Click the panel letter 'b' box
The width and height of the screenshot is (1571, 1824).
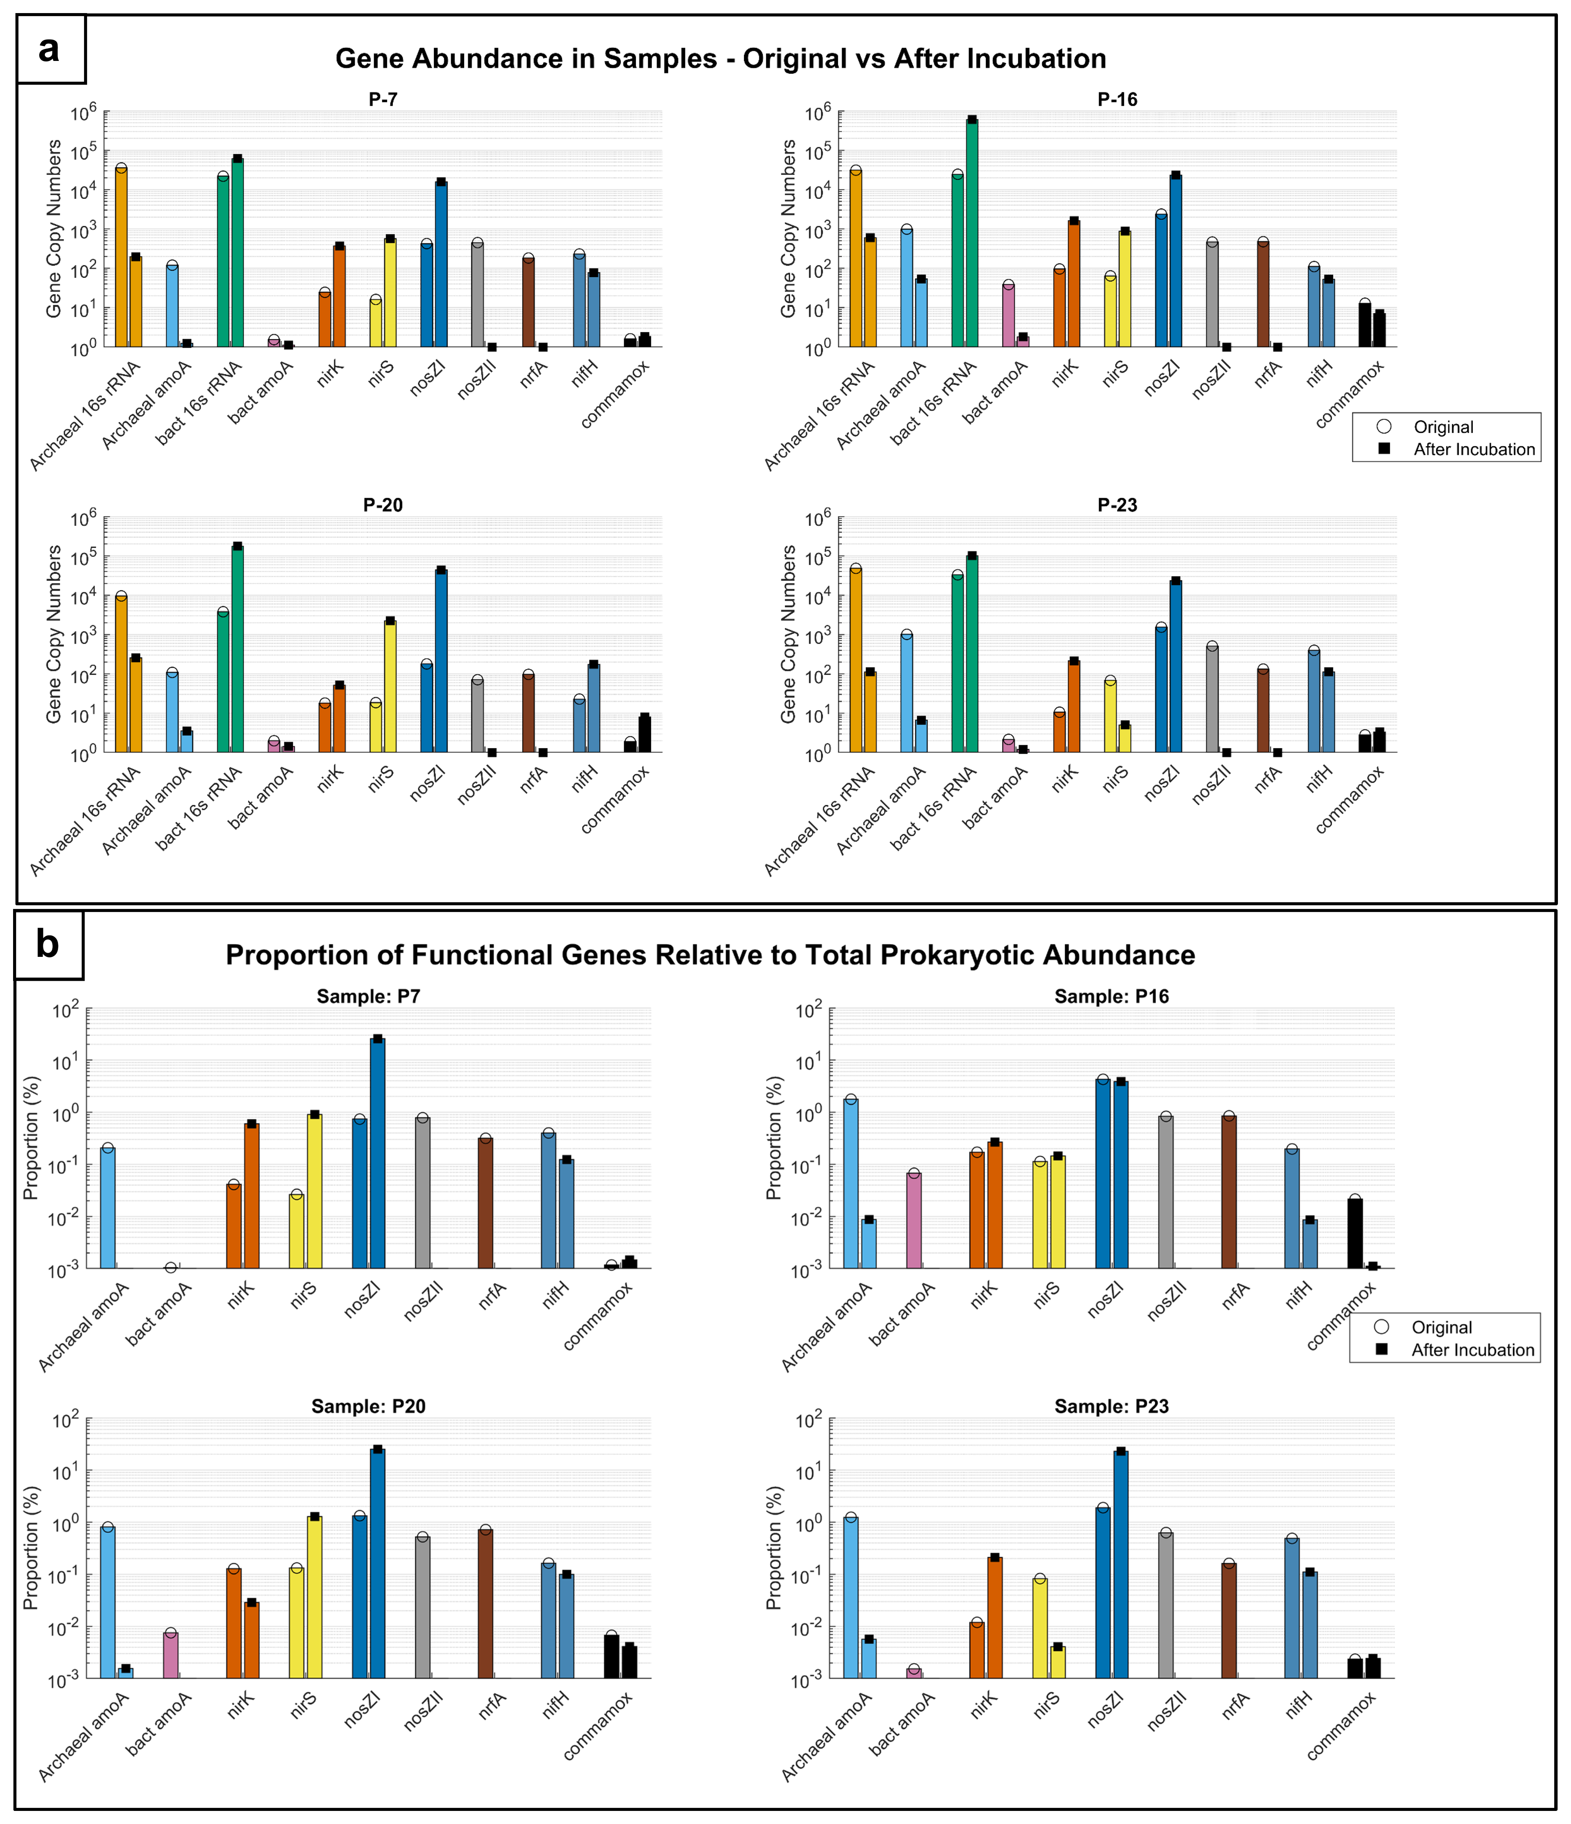tap(49, 945)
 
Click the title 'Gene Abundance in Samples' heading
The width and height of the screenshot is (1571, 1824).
tap(720, 59)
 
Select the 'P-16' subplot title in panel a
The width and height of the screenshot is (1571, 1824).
tap(1117, 99)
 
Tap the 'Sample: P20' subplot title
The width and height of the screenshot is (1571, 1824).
tap(368, 1407)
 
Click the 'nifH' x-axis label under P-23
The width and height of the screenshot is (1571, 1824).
tap(1318, 779)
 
